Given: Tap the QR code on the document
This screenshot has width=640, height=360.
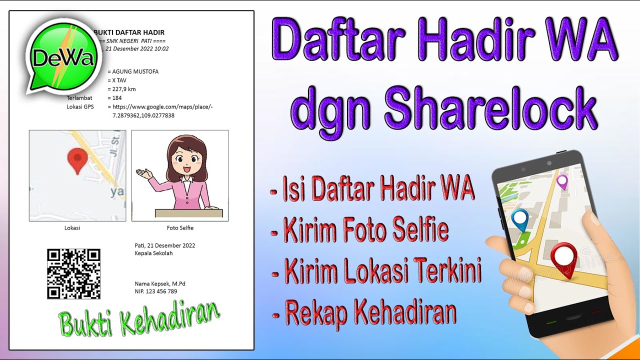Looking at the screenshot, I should (73, 273).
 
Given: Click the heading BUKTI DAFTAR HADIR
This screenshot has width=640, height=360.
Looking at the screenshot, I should (129, 32).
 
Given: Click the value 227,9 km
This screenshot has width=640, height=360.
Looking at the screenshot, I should (123, 89).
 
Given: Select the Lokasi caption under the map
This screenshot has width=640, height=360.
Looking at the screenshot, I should (72, 228).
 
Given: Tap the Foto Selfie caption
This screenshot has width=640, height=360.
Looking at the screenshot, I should (180, 228).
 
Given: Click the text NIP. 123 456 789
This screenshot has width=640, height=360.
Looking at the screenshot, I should (156, 291).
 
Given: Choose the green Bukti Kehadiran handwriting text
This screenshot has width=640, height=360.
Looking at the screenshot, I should (139, 318).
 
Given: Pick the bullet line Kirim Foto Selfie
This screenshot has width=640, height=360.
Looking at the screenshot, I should (365, 230).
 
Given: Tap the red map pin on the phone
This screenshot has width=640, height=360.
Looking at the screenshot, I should (563, 257).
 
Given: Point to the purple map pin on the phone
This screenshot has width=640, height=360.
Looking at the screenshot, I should (562, 181).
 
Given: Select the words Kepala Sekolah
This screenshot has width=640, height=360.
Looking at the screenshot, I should (153, 253).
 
